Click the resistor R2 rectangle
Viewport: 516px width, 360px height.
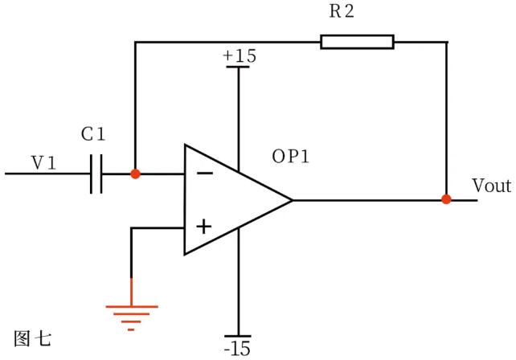[x=357, y=42]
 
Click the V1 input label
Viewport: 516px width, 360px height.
[x=43, y=163]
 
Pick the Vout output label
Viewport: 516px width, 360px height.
[x=491, y=186]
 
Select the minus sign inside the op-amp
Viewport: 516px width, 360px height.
[x=205, y=173]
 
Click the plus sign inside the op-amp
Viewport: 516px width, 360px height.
[x=204, y=227]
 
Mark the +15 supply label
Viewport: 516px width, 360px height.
[x=239, y=55]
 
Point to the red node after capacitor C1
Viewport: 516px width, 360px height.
[x=135, y=174]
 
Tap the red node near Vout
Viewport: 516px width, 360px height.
[x=446, y=199]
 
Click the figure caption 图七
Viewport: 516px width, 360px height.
[x=32, y=337]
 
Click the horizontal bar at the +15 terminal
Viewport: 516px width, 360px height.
[x=239, y=67]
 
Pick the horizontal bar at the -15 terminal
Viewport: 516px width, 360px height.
[x=239, y=336]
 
